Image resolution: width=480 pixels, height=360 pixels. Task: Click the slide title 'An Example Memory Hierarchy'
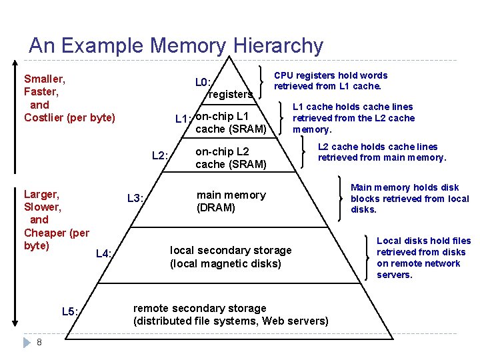tap(176, 45)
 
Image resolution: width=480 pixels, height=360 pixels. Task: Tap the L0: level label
tap(203, 83)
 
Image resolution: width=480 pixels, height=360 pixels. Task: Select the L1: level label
tap(183, 119)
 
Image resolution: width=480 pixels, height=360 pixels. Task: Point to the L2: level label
tap(160, 156)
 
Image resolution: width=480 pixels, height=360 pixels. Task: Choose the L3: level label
tap(135, 198)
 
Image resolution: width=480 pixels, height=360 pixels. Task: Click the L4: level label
tap(104, 253)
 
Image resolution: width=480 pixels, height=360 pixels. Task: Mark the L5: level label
tap(70, 311)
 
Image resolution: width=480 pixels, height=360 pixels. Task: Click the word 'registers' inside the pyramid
tap(230, 95)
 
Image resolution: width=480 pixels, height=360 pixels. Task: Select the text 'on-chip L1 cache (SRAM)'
tap(231, 122)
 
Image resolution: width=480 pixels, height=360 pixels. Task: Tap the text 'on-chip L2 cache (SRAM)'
tap(231, 158)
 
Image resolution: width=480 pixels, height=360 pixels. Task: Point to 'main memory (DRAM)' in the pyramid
tap(231, 201)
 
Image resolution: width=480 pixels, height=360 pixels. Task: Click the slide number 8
tap(40, 342)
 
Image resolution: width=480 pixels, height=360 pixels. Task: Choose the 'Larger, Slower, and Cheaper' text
tap(56, 220)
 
